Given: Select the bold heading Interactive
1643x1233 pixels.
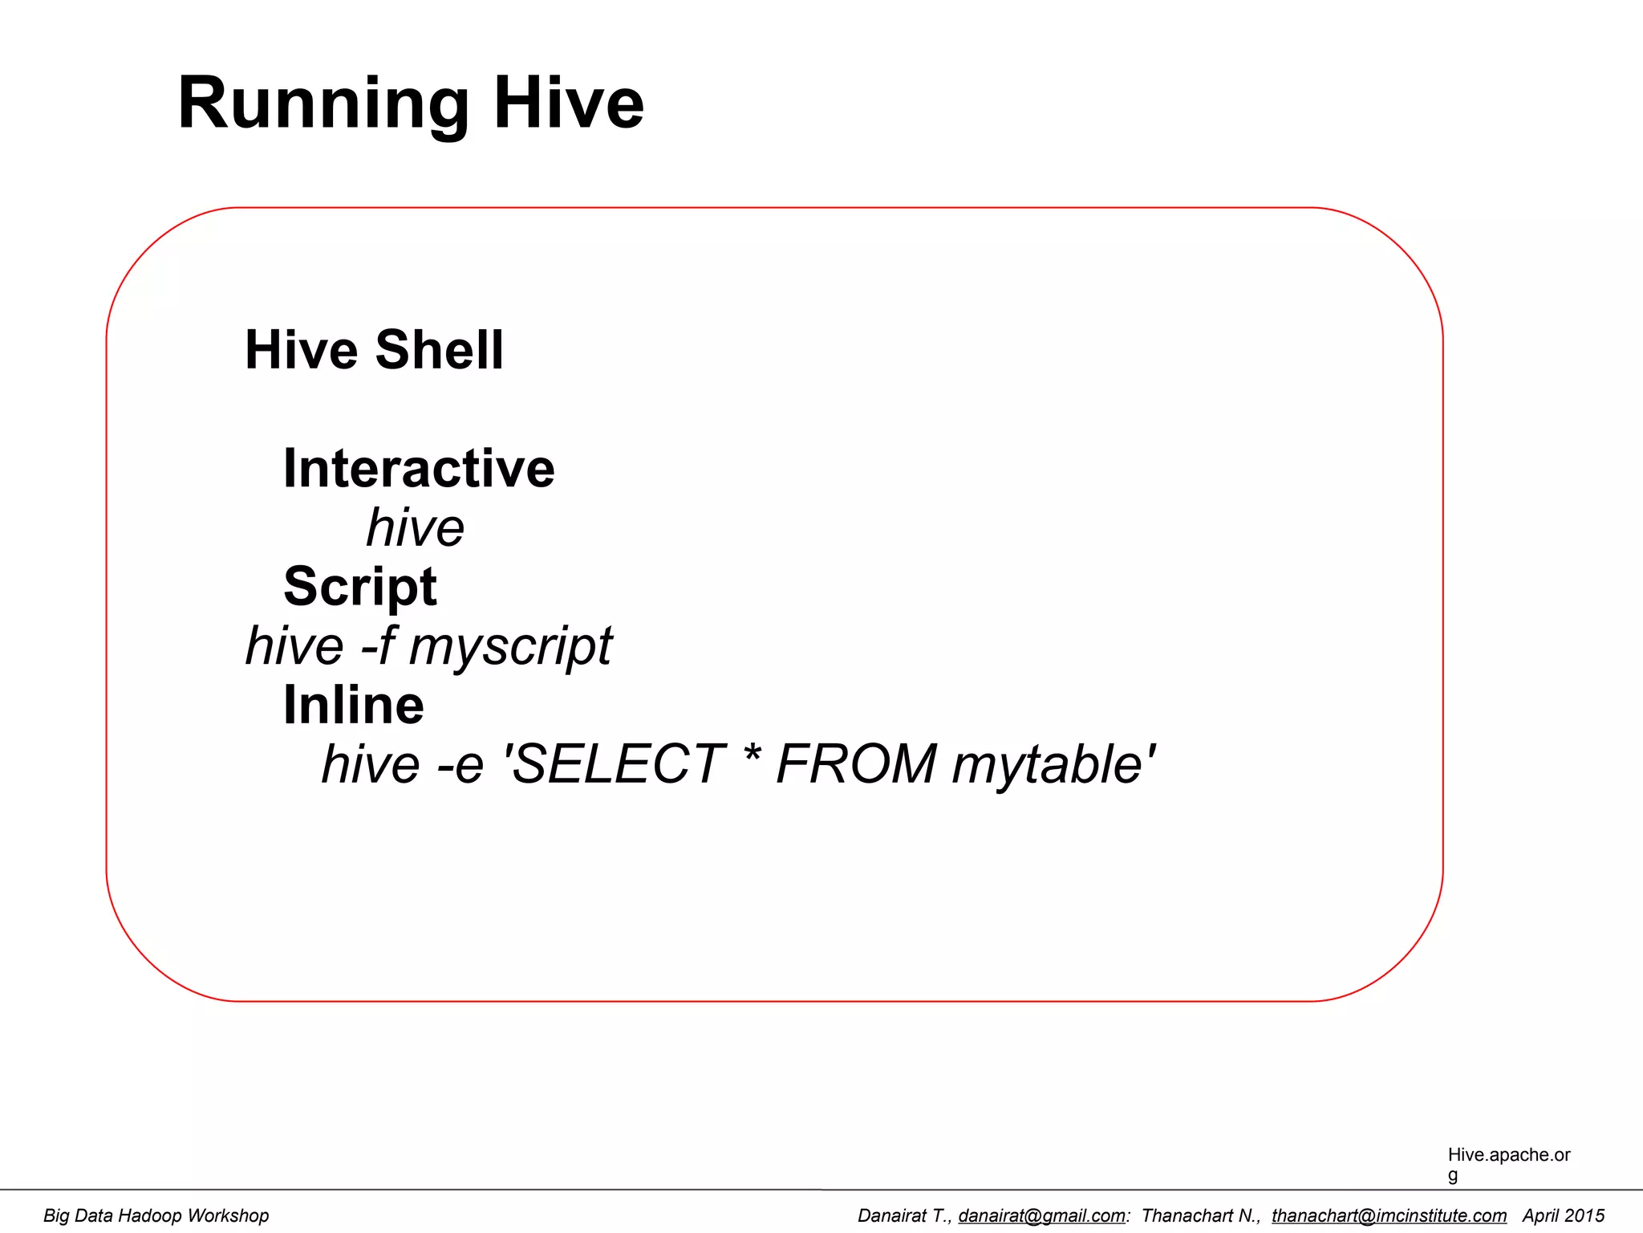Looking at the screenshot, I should coord(419,469).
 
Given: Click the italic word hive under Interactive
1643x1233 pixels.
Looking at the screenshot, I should coord(415,528).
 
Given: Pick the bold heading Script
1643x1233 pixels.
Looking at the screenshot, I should coord(360,587).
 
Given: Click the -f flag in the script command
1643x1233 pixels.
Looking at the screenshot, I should coord(377,646).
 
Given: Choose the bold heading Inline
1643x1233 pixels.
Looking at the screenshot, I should coord(353,706).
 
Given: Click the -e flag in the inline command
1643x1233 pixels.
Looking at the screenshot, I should coord(460,764).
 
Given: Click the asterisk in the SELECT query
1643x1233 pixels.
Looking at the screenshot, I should coord(751,759).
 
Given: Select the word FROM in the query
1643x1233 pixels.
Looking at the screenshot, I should coord(856,764).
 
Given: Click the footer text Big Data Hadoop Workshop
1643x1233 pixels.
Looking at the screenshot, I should coord(156,1216).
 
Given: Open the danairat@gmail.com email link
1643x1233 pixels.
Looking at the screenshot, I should coord(1041,1216).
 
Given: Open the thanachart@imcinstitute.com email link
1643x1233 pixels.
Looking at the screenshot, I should coord(1389,1216).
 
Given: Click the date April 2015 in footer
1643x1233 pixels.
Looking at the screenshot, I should coord(1563,1216).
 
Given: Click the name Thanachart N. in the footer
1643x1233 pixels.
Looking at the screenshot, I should coord(1199,1216).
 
